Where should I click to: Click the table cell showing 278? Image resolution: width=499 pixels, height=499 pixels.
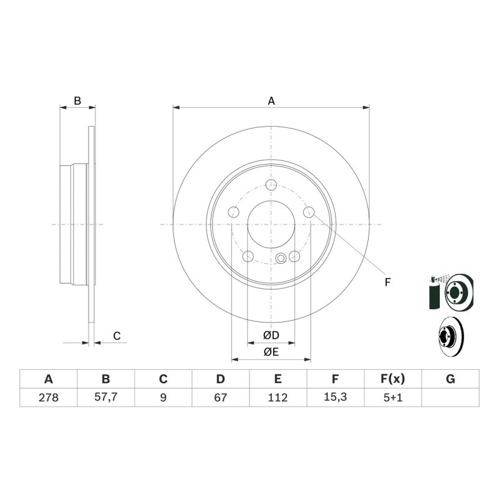tap(49, 397)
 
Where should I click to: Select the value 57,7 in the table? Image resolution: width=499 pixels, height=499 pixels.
tap(105, 397)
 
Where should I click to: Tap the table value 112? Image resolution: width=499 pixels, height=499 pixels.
tap(278, 397)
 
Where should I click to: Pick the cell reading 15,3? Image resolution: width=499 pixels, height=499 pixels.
tap(335, 397)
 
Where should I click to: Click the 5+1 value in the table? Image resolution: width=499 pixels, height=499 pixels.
tap(393, 397)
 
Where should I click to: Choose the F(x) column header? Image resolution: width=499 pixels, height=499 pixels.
tap(393, 379)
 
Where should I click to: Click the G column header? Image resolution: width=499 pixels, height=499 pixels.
tap(450, 379)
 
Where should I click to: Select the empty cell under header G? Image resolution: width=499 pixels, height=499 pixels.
tap(450, 397)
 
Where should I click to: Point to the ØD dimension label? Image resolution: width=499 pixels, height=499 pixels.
tap(271, 335)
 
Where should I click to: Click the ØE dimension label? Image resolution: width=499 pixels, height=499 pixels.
tap(271, 352)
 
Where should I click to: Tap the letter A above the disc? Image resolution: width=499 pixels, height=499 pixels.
tap(271, 101)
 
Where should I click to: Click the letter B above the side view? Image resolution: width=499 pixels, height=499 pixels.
tap(77, 100)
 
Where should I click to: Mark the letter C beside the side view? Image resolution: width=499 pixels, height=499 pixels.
tap(117, 336)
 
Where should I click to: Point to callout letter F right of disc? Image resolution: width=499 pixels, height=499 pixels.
tap(387, 282)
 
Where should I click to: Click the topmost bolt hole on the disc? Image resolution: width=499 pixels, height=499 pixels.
tap(271, 184)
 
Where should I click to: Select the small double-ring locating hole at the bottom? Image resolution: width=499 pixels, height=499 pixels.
tap(280, 258)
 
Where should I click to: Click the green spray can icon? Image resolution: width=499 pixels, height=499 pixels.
tap(433, 292)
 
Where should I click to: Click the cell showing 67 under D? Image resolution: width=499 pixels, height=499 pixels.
tap(220, 397)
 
